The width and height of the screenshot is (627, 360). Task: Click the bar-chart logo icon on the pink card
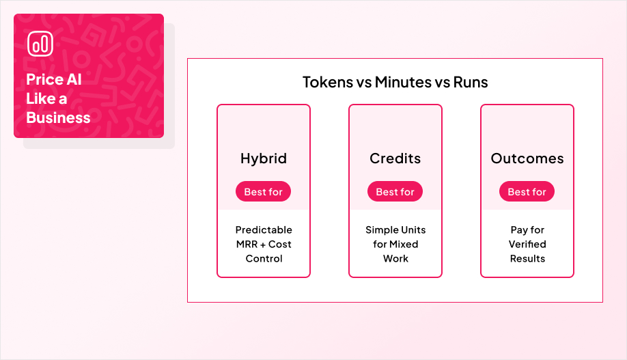coord(40,44)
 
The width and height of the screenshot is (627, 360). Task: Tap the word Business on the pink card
coord(58,117)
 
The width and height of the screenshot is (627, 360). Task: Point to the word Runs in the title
coord(471,83)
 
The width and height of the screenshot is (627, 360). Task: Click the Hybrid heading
coord(264,158)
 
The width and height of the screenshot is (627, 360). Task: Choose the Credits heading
coord(395,158)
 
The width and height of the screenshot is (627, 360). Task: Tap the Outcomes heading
coord(527,158)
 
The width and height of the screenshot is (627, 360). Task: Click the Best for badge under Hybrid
coord(264,192)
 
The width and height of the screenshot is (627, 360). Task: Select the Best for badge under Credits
coord(395,192)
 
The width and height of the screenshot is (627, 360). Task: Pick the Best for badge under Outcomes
coord(527,192)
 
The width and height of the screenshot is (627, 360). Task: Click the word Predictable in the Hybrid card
coord(264,230)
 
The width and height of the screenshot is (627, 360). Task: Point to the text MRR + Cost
coord(264,245)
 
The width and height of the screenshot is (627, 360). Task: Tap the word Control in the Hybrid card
coord(264,259)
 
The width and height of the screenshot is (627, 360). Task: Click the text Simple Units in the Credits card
coord(395,230)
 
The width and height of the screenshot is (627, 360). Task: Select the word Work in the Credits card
coord(395,259)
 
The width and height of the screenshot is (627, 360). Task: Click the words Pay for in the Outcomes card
coord(527,230)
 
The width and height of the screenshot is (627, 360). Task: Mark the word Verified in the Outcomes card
coord(527,245)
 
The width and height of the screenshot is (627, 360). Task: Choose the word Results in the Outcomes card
coord(527,259)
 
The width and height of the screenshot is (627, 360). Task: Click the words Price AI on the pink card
coord(54,79)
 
